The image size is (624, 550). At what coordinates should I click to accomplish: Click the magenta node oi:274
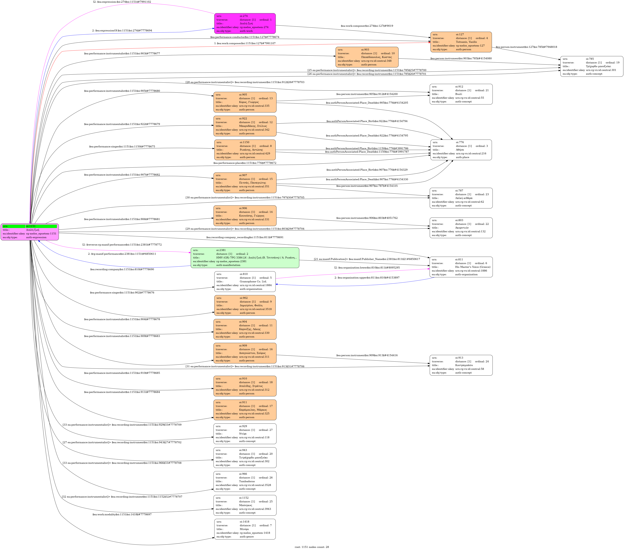[x=245, y=23]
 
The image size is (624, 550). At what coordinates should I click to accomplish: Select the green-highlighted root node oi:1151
[x=30, y=232]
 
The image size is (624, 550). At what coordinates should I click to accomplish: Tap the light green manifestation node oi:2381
[x=245, y=258]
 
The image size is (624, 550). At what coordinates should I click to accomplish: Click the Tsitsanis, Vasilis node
[x=461, y=42]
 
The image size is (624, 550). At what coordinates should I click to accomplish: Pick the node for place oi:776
[x=461, y=150]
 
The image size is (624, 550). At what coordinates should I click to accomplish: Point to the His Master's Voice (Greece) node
[x=461, y=267]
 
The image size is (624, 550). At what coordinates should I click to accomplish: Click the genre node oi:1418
[x=245, y=529]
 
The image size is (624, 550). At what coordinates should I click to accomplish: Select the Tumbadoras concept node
[x=245, y=482]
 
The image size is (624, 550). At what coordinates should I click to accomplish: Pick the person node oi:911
[x=245, y=410]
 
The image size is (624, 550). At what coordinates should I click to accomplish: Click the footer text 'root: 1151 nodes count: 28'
[x=312, y=547]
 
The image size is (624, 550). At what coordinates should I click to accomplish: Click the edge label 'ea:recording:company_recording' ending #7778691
[x=244, y=237]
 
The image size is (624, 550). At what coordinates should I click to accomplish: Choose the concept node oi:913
[x=461, y=365]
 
